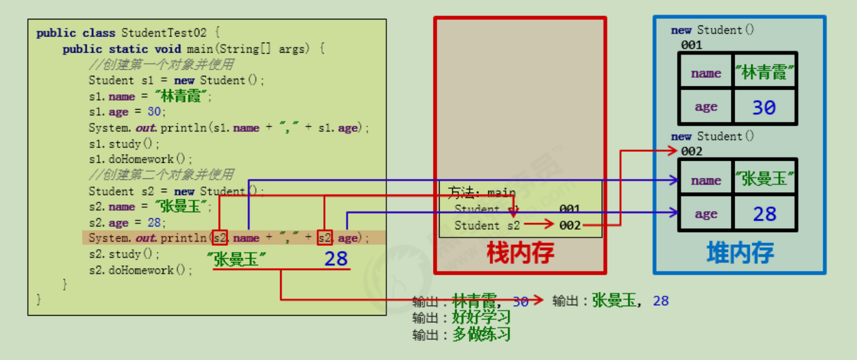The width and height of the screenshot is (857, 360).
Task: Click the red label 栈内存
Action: [520, 253]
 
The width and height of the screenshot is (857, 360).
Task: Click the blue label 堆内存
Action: [740, 253]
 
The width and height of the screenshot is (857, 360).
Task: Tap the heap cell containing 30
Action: [764, 107]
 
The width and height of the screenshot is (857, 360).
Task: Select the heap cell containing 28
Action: [765, 214]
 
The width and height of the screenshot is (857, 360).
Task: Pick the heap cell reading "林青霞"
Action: [765, 72]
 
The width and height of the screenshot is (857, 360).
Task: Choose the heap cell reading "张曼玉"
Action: [765, 179]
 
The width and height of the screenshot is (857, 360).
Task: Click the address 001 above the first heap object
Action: [691, 45]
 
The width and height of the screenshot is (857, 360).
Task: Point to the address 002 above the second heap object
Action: [691, 151]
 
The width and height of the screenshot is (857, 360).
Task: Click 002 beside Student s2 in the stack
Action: [570, 225]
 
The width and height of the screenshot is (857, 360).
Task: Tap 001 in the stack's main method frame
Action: [569, 209]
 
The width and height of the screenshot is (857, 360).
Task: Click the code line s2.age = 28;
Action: [127, 223]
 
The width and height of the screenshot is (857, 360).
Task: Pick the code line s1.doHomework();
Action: [141, 160]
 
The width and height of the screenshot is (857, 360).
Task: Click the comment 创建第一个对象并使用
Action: [166, 65]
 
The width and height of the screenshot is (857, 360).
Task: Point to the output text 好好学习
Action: [481, 318]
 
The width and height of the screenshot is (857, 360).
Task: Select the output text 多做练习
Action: [481, 335]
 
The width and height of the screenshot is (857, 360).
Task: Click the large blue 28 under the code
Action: [335, 259]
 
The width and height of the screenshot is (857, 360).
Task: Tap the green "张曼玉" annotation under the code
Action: [236, 259]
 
